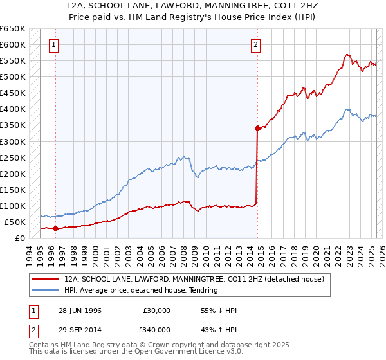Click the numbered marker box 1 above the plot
[53, 45]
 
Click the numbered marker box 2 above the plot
[255, 45]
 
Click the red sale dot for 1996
[56, 228]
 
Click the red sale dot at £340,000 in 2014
[257, 128]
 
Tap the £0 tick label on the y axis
[20, 238]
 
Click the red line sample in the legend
[45, 280]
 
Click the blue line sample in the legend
[45, 290]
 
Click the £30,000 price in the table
[156, 310]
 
